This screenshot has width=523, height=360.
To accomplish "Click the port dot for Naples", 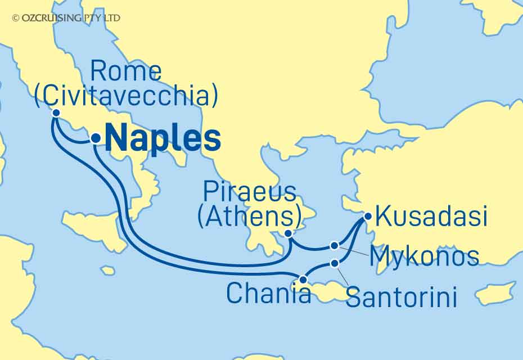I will (x=96, y=137).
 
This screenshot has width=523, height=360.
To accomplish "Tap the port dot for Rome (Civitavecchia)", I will (x=56, y=112).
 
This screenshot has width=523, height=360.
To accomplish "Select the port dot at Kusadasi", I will (x=368, y=215).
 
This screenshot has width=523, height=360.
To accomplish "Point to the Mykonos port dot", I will (x=335, y=245).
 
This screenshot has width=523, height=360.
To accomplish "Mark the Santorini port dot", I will (x=335, y=263).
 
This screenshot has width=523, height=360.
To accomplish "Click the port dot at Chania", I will (x=303, y=279).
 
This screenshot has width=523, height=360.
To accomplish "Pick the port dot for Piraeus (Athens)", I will (x=288, y=233).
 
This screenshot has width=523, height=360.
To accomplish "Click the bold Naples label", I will (x=163, y=138).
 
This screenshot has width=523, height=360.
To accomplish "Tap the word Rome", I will (x=126, y=72).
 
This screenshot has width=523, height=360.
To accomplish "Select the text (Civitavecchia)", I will (x=126, y=96).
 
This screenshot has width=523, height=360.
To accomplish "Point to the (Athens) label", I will (x=249, y=217).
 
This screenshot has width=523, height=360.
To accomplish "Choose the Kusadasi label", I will (x=431, y=217).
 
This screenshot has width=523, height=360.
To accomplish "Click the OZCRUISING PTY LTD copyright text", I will (x=66, y=18).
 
